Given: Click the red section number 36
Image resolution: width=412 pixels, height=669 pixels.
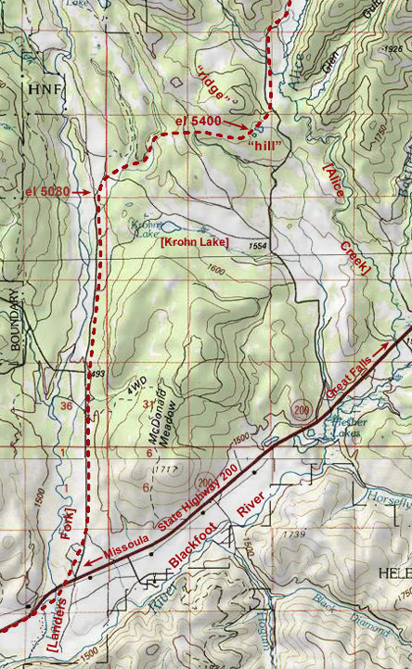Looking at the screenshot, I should click(x=65, y=405).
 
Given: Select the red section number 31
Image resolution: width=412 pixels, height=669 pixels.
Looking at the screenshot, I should click(x=148, y=403).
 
